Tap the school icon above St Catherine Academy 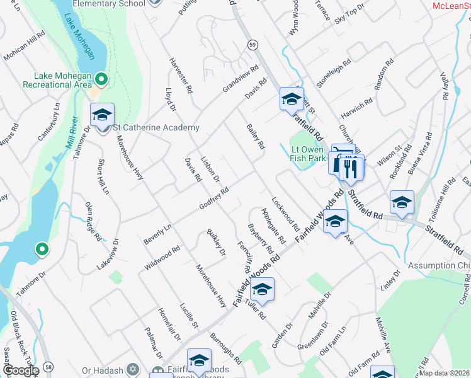(x=102, y=115)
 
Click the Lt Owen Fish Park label (x=307, y=154)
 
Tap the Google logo (x=21, y=370)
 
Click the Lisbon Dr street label (x=210, y=169)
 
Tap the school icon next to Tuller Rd (x=263, y=289)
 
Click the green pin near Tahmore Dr (x=42, y=249)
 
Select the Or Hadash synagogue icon (x=132, y=369)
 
